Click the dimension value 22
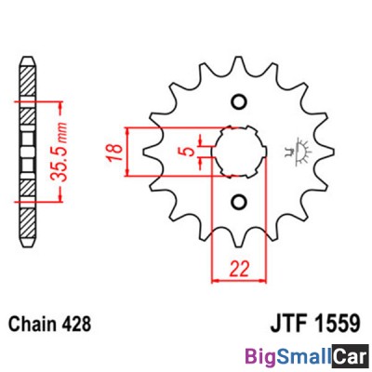coord(239,269)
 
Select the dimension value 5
coord(190,152)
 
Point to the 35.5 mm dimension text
coord(59,152)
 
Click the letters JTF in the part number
coord(290,324)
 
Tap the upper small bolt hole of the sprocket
coord(239,101)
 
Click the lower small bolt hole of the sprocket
coord(239,202)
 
